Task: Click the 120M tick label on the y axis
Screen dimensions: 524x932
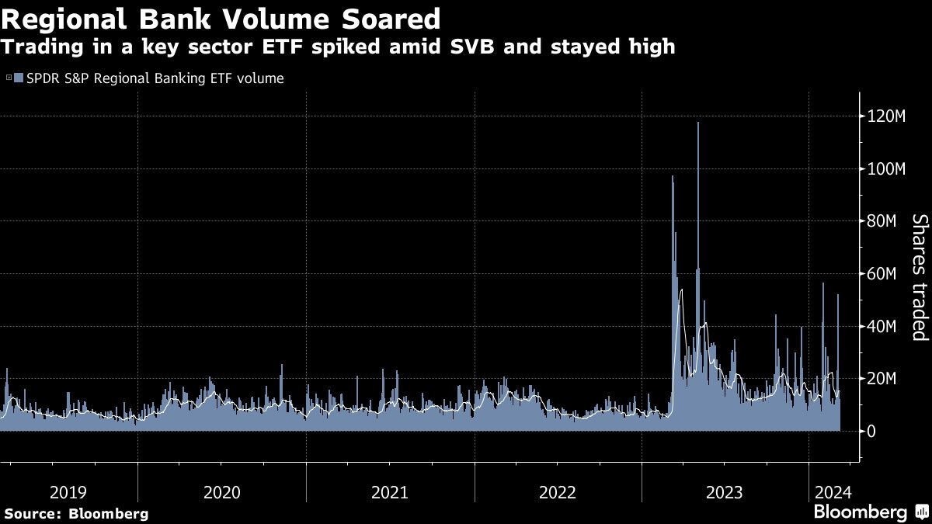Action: click(888, 116)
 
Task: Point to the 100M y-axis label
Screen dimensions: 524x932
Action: click(888, 169)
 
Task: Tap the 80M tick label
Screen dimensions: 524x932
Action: click(885, 221)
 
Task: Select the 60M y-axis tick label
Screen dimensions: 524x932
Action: click(885, 274)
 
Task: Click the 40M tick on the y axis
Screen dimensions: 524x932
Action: click(885, 326)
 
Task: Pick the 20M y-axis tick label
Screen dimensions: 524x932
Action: click(885, 379)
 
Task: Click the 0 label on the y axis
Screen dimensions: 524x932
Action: click(872, 431)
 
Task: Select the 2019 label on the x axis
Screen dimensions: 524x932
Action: click(68, 492)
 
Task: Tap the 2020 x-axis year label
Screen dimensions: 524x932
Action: click(221, 492)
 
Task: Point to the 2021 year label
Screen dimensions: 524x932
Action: click(390, 492)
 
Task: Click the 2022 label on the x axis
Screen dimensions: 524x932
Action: click(558, 492)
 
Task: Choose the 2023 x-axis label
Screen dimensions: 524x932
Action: click(725, 492)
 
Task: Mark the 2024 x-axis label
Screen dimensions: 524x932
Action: click(832, 492)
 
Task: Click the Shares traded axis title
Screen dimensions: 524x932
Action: click(920, 277)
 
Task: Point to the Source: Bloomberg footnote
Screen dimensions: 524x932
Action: click(76, 513)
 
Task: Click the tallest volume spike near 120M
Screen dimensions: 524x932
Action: click(698, 124)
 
